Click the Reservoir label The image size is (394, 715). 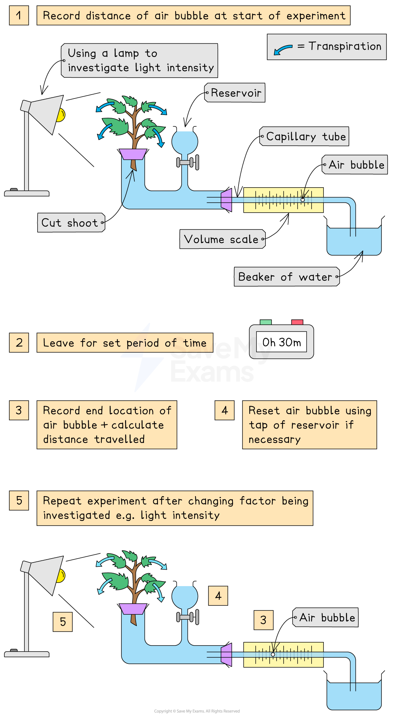point(235,93)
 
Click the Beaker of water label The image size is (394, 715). point(287,277)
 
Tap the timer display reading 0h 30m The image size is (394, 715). point(282,342)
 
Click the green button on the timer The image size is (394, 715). point(265,322)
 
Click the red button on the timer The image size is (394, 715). point(297,322)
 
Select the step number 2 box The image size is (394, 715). point(19,343)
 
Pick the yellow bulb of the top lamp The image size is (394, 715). point(61,115)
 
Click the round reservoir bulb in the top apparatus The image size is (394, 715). point(185,142)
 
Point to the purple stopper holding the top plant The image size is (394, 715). point(133,154)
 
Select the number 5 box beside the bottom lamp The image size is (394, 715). point(63,622)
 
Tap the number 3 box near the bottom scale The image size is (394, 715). point(264,620)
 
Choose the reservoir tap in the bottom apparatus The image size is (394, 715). point(187,617)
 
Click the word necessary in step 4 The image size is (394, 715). point(274,439)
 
